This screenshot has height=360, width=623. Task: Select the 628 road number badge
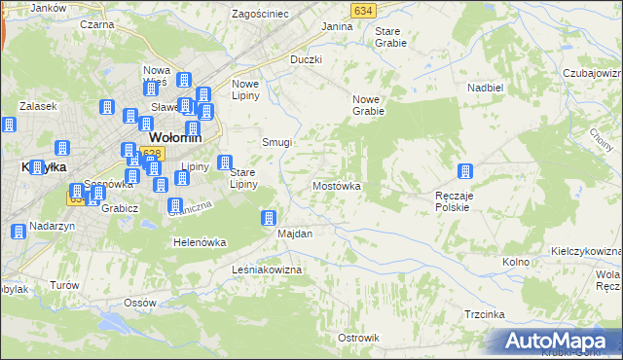150,154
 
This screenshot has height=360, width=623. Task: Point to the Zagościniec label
260,14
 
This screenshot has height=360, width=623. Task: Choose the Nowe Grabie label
370,104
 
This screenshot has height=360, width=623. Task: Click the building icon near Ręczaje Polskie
465,172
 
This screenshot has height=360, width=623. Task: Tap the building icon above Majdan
270,217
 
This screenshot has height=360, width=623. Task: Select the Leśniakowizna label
268,269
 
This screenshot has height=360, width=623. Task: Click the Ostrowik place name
357,337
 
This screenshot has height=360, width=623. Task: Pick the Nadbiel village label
485,87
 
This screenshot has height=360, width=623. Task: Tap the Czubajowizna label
592,73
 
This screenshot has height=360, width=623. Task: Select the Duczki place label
306,59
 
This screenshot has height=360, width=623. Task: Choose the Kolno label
515,263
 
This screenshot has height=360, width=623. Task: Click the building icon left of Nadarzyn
18,232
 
